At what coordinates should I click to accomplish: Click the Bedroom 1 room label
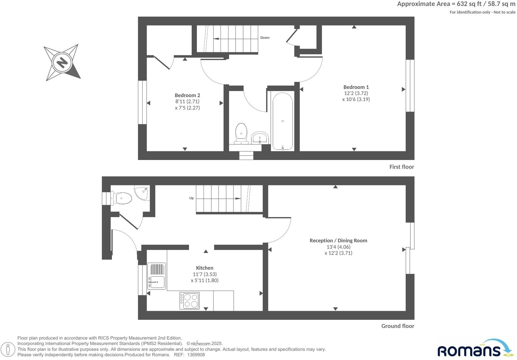(356, 87)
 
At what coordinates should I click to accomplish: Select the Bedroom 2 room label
(187, 95)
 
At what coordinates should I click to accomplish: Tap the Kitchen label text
(205, 268)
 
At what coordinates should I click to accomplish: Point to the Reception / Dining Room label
(338, 240)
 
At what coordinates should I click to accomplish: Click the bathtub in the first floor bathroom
(282, 121)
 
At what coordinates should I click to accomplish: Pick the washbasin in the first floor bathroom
(260, 137)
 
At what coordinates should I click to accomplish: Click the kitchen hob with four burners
(190, 301)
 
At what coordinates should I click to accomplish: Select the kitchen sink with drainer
(156, 276)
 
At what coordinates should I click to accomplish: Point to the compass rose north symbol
(62, 62)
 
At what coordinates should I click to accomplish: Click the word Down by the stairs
(265, 38)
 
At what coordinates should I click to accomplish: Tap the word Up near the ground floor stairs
(192, 198)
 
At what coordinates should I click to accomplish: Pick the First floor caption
(401, 167)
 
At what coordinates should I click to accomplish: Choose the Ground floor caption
(397, 326)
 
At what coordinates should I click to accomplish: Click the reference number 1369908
(196, 355)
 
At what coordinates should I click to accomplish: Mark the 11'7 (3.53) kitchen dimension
(205, 274)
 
